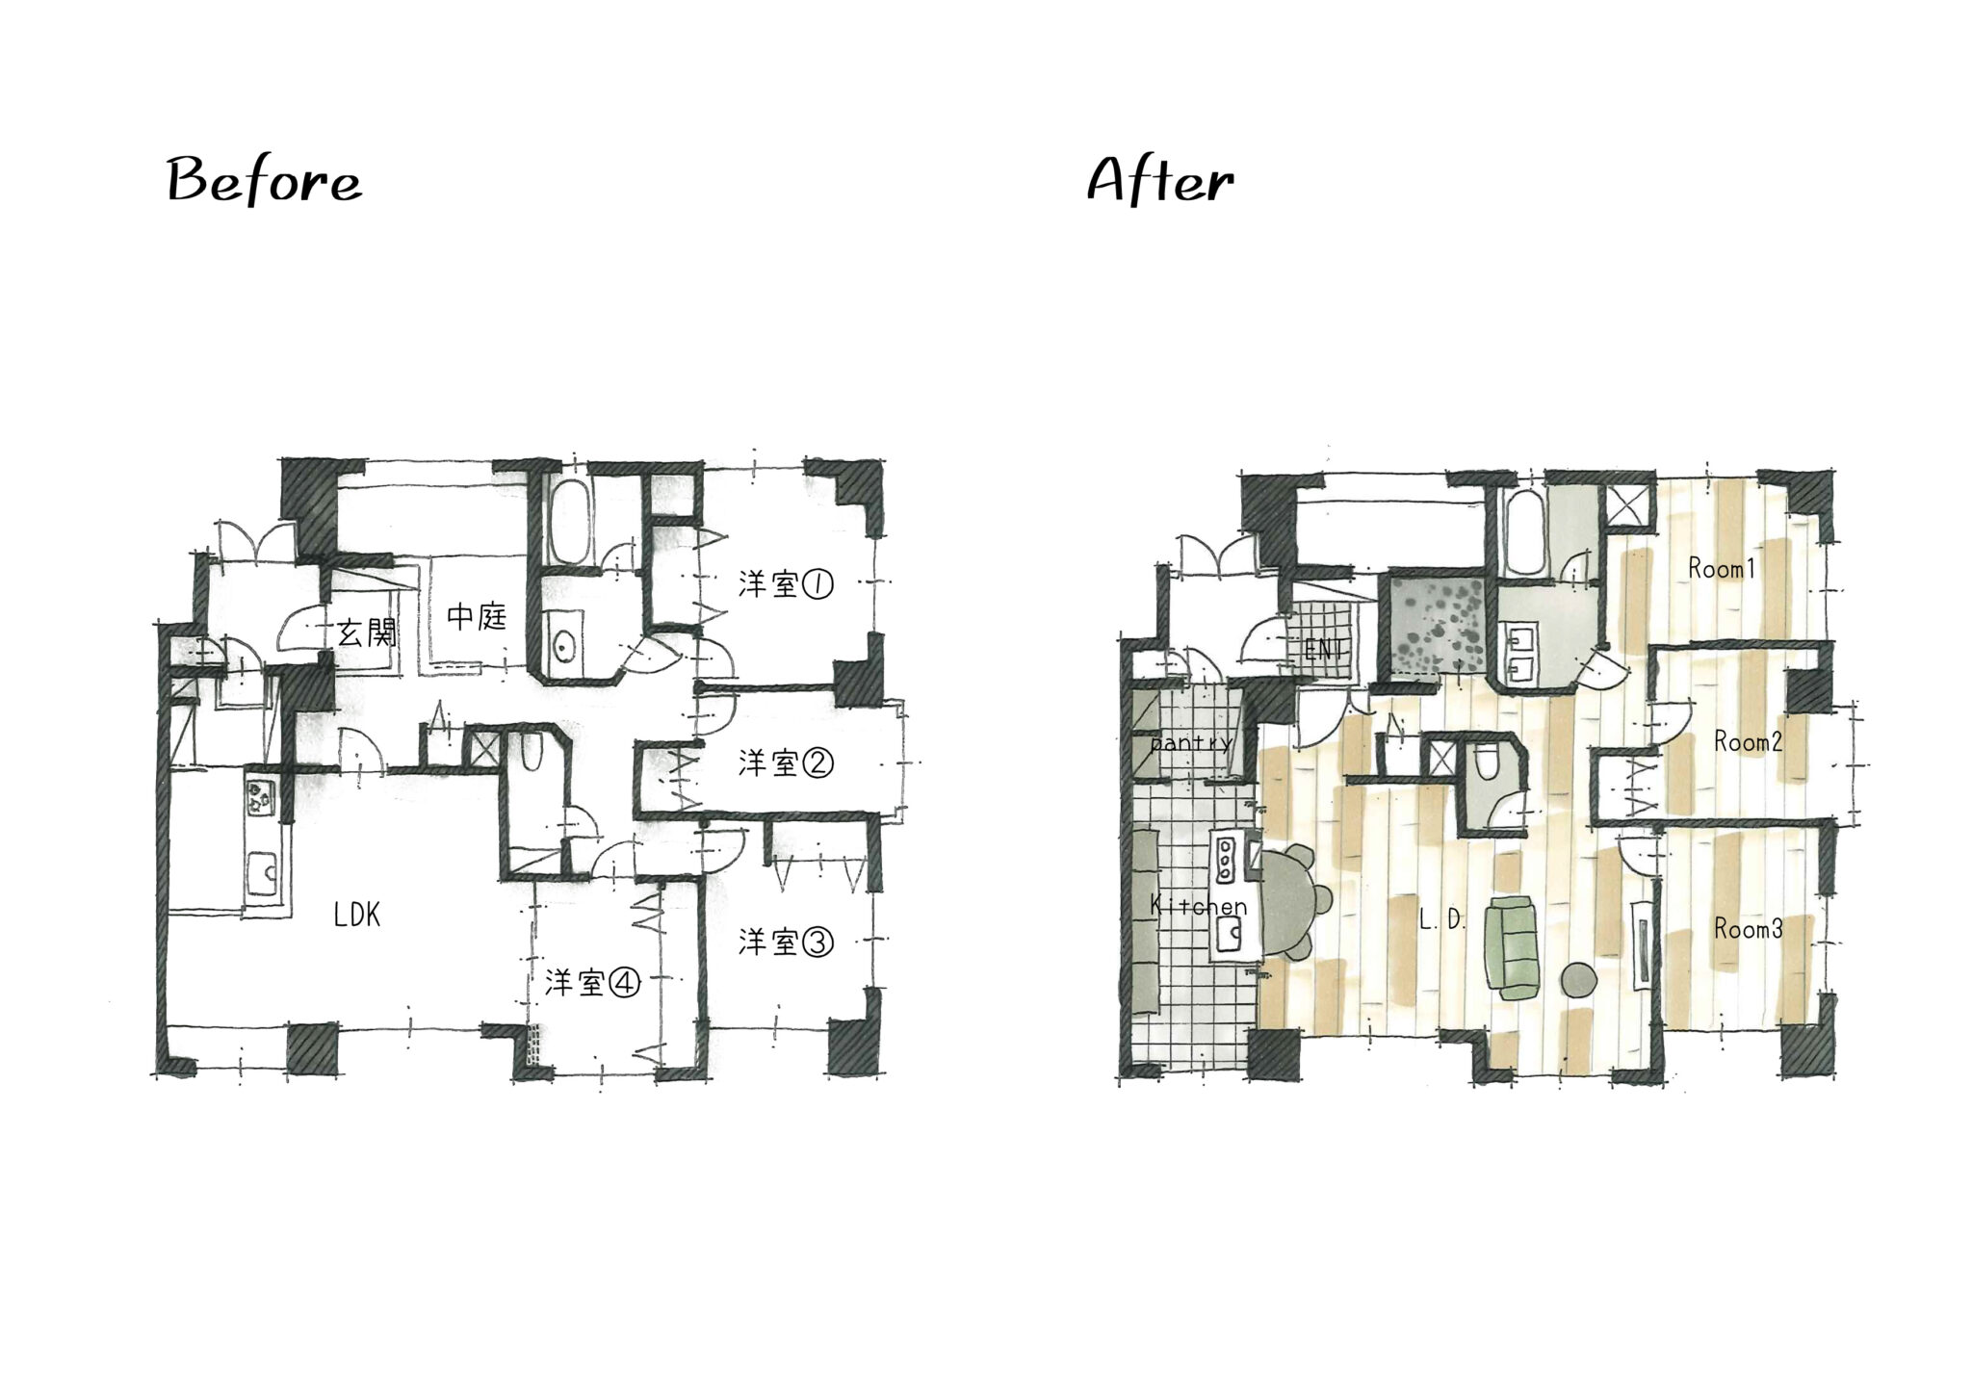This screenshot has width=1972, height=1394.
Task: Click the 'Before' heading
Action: click(x=264, y=181)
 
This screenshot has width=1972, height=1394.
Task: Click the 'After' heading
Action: click(x=1159, y=181)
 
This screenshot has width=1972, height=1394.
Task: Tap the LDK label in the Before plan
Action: click(x=357, y=916)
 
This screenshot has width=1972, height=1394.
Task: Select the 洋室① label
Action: click(x=786, y=584)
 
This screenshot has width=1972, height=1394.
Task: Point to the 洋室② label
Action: click(x=786, y=763)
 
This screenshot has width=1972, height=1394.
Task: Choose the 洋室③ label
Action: click(x=786, y=942)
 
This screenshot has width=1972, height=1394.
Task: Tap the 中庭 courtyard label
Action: click(x=477, y=616)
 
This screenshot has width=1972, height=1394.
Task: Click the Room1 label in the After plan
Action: click(x=1722, y=569)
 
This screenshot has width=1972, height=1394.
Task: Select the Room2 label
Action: click(x=1748, y=742)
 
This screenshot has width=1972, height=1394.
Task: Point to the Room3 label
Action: click(x=1748, y=929)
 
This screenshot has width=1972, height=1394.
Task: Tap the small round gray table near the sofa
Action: click(x=1578, y=981)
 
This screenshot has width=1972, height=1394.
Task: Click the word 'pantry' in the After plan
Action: click(x=1190, y=743)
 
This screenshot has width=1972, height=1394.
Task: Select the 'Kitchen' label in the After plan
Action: click(x=1198, y=907)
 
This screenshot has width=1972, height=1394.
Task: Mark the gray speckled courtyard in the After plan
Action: click(x=1434, y=626)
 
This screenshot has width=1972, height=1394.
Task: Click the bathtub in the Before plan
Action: click(x=567, y=524)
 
